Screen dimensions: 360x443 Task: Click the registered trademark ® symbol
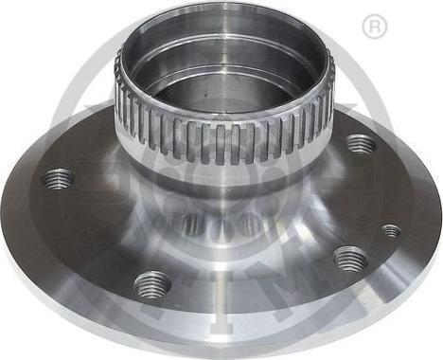pos(375,27)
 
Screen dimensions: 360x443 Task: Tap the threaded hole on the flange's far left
pos(59,178)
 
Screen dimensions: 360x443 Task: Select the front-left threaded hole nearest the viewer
pos(151,282)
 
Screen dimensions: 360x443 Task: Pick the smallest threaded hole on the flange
pos(390,230)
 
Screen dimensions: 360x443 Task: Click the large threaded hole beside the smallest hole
pos(350,259)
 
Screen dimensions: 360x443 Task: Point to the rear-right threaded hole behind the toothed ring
pos(360,144)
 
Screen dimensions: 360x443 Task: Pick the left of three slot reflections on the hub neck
pos(193,225)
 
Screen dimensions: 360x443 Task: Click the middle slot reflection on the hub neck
pos(222,227)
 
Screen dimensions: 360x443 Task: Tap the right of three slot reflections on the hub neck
pos(250,225)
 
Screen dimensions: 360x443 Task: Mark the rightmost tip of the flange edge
pos(440,227)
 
